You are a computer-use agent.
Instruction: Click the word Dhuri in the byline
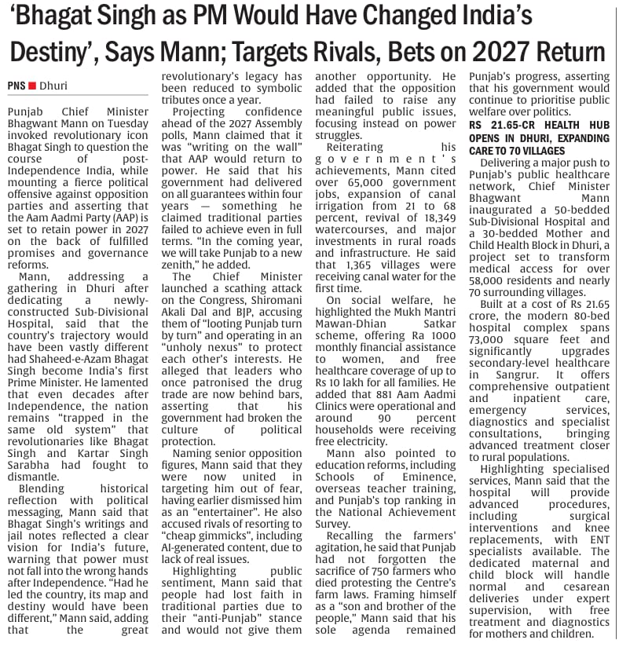[x=53, y=84]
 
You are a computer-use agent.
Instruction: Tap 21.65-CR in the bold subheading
[x=508, y=126]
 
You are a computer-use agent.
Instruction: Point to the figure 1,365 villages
[x=357, y=265]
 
